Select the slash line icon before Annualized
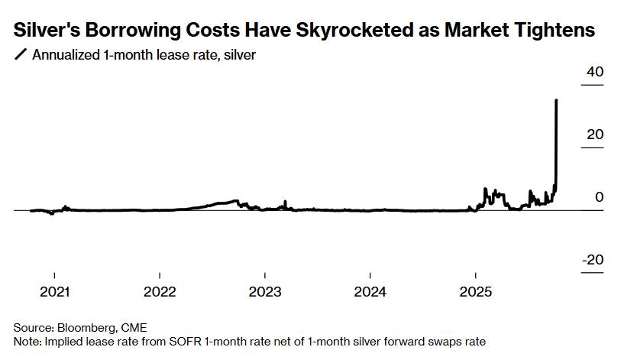pyautogui.click(x=20, y=54)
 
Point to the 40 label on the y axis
pyautogui.click(x=594, y=72)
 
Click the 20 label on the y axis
pyautogui.click(x=594, y=135)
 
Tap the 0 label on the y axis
pyautogui.click(x=599, y=197)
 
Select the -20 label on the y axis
pyautogui.click(x=593, y=260)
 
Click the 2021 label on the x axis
pyautogui.click(x=54, y=291)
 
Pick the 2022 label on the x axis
pyautogui.click(x=160, y=291)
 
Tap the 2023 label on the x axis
pyautogui.click(x=265, y=291)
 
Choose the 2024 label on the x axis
pyautogui.click(x=370, y=291)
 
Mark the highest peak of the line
pyautogui.click(x=556, y=100)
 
